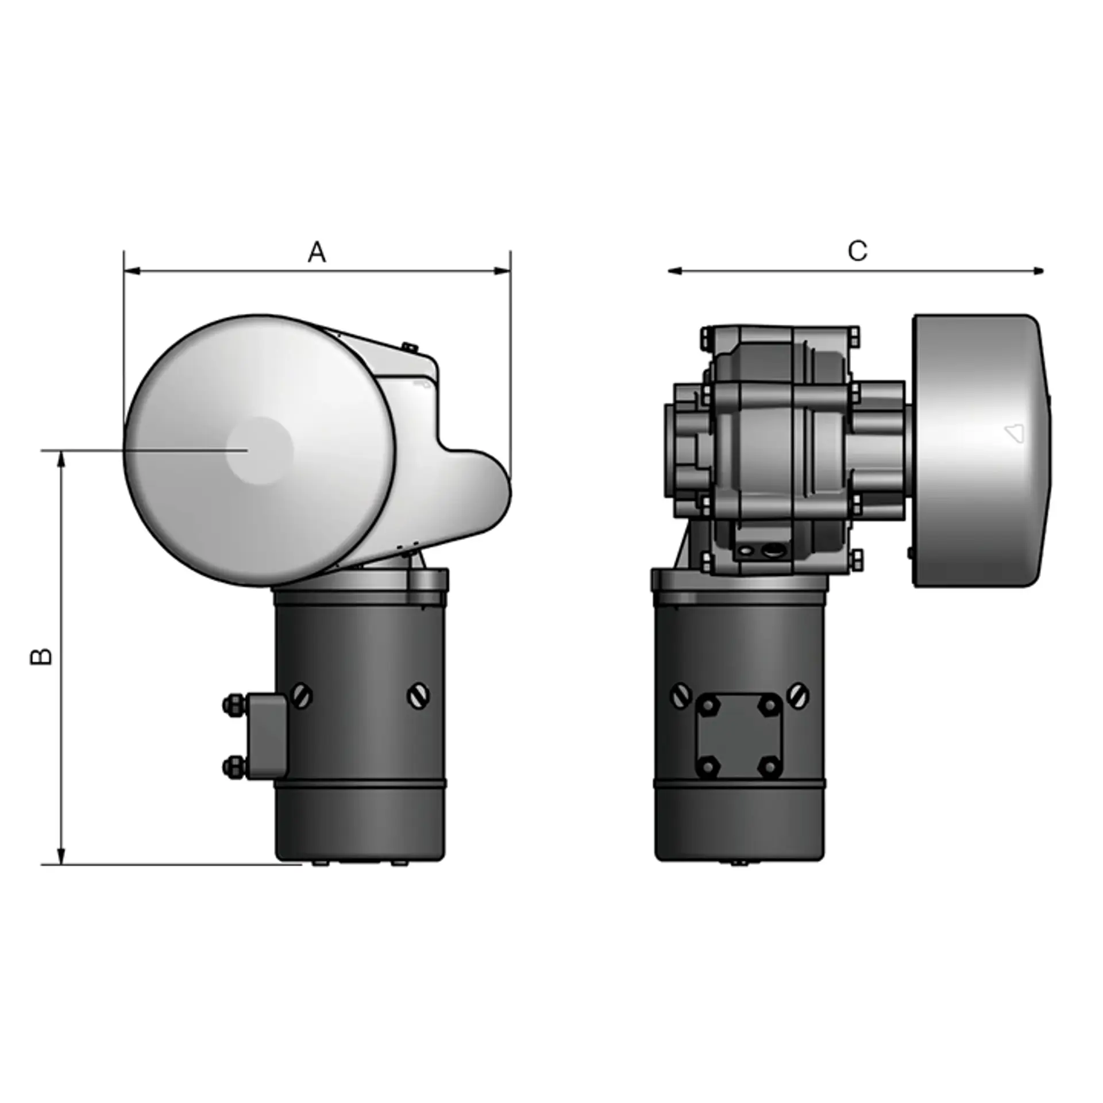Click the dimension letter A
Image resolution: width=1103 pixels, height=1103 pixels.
tap(317, 252)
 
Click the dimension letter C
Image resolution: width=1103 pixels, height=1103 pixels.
tap(857, 250)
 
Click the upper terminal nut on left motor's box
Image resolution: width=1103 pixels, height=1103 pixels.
tap(233, 705)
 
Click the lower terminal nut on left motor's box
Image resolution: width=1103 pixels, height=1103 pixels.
tap(233, 766)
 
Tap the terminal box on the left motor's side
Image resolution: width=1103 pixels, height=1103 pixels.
tap(266, 736)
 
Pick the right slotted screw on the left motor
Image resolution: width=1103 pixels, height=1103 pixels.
tap(419, 696)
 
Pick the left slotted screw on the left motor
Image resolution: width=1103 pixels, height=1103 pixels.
tap(302, 696)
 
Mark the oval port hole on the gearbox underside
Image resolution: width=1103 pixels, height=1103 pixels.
tap(774, 550)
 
